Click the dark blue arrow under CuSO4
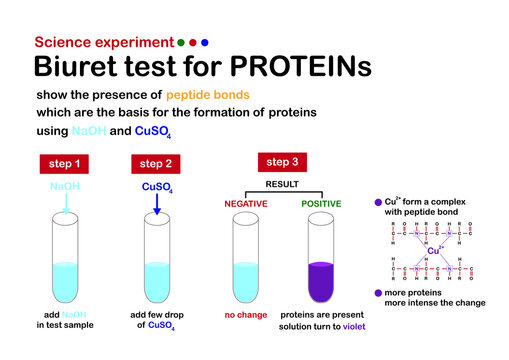(x=157, y=205)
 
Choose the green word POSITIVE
(x=321, y=204)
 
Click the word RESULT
(x=284, y=184)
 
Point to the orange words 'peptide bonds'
(x=208, y=94)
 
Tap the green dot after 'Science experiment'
(x=180, y=43)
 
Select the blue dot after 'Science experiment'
(x=205, y=43)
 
